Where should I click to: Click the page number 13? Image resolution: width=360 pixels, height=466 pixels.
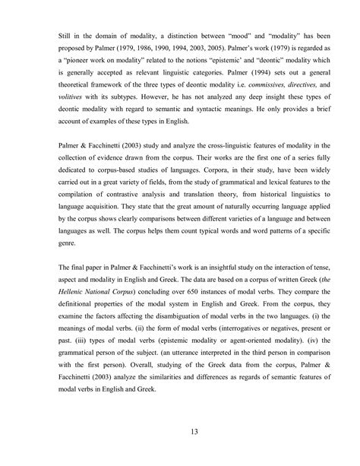click(x=180, y=433)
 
